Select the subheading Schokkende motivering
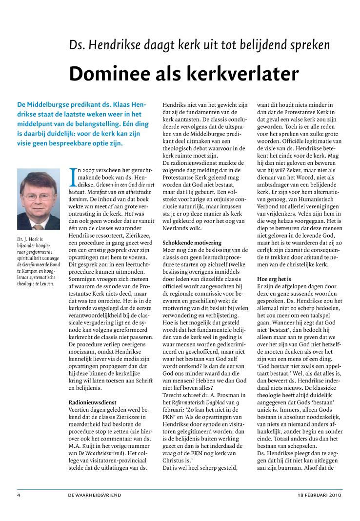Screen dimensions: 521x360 pyautogui.click(x=192, y=242)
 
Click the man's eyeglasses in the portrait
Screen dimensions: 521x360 pyautogui.click(x=37, y=197)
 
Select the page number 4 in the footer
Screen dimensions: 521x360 pyautogui.click(x=18, y=495)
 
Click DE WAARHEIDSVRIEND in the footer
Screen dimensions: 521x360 pyautogui.click(x=95, y=495)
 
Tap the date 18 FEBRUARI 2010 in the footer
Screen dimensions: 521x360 pyautogui.click(x=320, y=495)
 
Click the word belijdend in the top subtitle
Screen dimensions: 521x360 pyautogui.click(x=263, y=45)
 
